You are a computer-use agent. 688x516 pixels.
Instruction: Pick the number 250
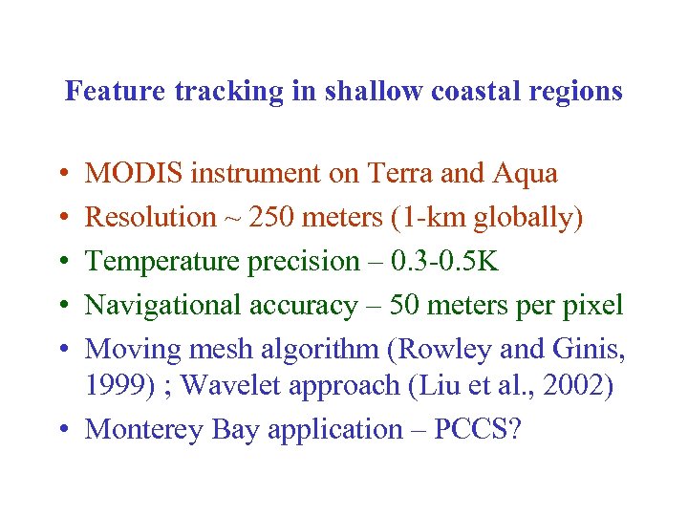[x=271, y=218]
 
